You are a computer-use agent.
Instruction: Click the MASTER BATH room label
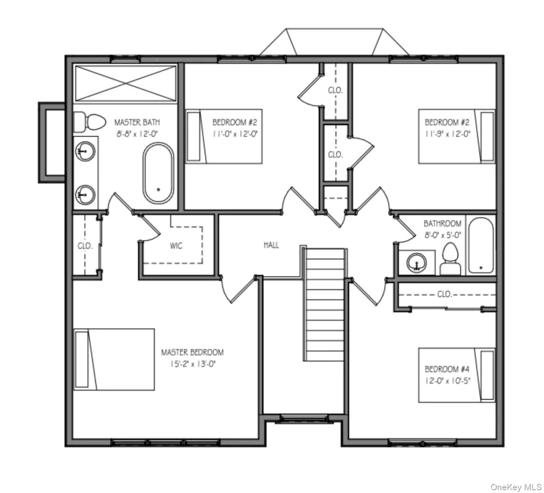(x=137, y=122)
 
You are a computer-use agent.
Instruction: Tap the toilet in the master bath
(x=90, y=122)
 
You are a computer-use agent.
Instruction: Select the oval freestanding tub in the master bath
(x=158, y=173)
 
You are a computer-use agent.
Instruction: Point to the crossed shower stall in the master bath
(x=126, y=83)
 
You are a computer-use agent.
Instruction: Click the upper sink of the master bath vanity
(x=85, y=152)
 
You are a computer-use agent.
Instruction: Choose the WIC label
(x=176, y=246)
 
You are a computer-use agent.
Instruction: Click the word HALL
(x=271, y=245)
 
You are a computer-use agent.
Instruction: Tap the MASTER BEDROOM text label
(x=192, y=353)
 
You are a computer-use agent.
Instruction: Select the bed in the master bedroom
(x=114, y=359)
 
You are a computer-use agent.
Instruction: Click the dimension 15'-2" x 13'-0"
(x=193, y=364)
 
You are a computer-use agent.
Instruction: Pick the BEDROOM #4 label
(x=447, y=369)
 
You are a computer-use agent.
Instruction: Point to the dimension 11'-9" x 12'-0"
(x=447, y=134)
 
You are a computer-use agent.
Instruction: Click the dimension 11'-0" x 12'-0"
(x=235, y=134)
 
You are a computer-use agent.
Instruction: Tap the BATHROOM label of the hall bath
(x=442, y=223)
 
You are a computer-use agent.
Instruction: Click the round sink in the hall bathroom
(x=416, y=262)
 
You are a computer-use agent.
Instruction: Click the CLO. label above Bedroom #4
(x=445, y=294)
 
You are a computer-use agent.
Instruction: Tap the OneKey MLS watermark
(x=516, y=487)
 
